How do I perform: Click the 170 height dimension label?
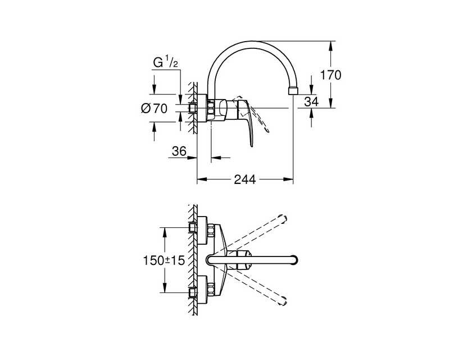(330, 75)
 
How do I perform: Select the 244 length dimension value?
(245, 179)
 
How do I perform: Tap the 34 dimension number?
(311, 102)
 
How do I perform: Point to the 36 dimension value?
(179, 151)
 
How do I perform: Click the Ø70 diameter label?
(154, 108)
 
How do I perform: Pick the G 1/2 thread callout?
(166, 62)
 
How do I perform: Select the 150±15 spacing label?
(164, 260)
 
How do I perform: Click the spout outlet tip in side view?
(293, 91)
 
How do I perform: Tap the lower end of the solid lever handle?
(252, 146)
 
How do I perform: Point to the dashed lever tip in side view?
(267, 131)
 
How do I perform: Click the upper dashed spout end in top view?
(283, 219)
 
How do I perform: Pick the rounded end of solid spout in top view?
(294, 260)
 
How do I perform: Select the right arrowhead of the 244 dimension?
(289, 179)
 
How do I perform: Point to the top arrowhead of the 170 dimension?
(330, 46)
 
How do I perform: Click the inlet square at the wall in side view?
(192, 108)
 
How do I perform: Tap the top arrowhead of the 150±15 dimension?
(164, 232)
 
